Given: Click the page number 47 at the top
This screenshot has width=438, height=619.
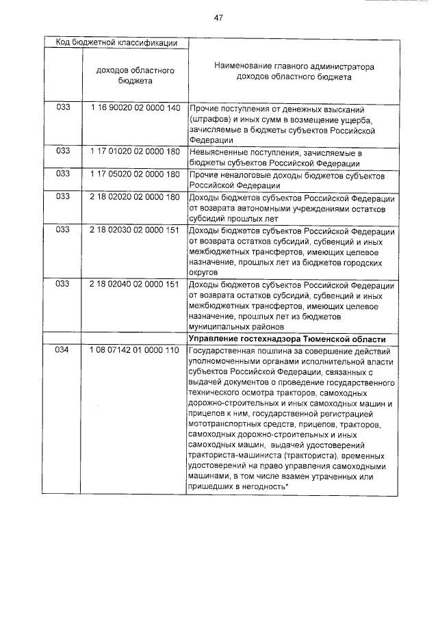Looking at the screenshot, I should [x=219, y=18].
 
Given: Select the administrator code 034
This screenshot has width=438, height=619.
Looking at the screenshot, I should [x=63, y=350].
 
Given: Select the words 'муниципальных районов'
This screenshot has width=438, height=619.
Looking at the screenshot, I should [x=233, y=327].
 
